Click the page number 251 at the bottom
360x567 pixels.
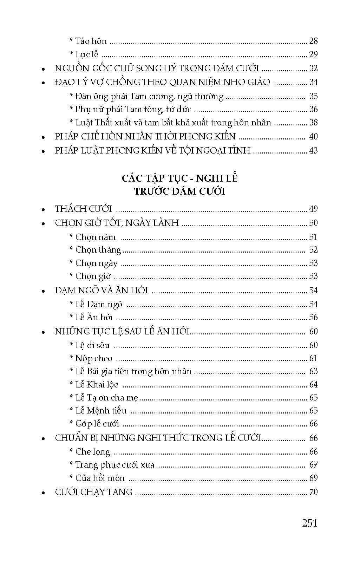309,523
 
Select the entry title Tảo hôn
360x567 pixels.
91,41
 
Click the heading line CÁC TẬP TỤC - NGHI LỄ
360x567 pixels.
179,178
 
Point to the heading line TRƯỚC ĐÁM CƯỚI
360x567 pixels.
179,191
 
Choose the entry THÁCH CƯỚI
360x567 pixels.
84,209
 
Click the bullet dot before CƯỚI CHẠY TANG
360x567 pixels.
43,493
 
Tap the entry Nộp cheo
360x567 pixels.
94,358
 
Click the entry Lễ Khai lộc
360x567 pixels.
97,385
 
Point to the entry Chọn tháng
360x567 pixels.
98,250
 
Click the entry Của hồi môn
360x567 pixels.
100,478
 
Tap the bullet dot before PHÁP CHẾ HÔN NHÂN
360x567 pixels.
43,137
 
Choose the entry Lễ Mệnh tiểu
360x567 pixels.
101,411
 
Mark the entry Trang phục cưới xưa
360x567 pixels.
115,465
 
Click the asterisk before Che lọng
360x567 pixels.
71,451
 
